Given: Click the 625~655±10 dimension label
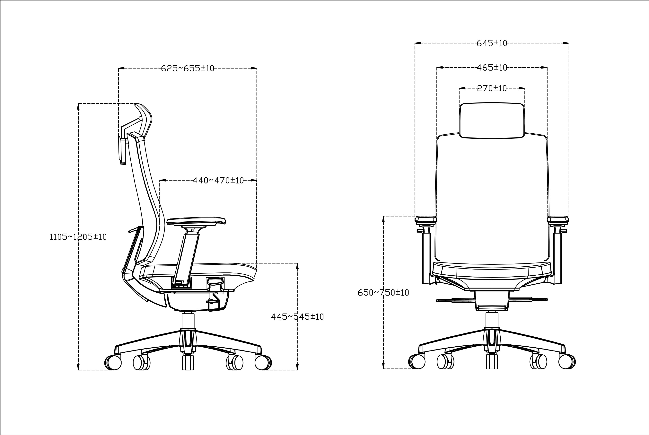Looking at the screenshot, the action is point(188,68).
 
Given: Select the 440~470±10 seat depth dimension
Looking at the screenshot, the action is point(218,181).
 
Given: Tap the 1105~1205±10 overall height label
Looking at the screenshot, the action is point(78,237).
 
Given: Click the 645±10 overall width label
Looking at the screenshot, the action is point(492,43).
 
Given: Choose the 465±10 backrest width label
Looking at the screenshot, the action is point(492,67).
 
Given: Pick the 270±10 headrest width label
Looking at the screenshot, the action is point(492,88).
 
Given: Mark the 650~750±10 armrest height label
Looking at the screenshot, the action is point(383,293).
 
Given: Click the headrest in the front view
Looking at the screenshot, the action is point(492,120).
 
